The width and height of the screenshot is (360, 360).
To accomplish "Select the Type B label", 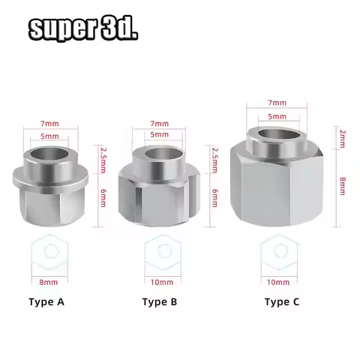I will pos(159,302).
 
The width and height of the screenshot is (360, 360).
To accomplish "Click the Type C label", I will pos(282,302).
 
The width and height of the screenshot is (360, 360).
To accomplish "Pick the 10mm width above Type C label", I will pos(277,282).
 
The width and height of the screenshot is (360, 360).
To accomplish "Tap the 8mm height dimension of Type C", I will pos(341,184).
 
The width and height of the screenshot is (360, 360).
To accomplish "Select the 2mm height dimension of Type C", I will pos(341,137).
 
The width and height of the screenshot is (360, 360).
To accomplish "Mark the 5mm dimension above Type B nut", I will pos(158,133).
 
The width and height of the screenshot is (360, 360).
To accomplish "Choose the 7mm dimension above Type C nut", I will pos(277,102).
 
